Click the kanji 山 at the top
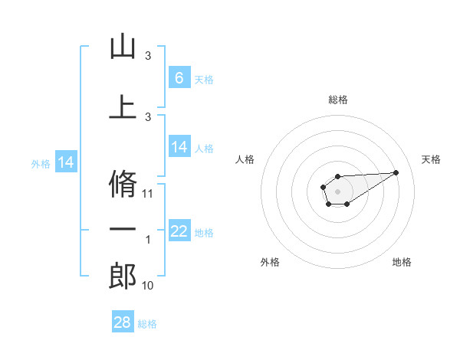pyautogui.click(x=123, y=47)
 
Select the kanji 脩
pyautogui.click(x=123, y=182)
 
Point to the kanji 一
pyautogui.click(x=123, y=230)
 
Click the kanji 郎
pyautogui.click(x=123, y=277)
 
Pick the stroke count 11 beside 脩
pyautogui.click(x=149, y=194)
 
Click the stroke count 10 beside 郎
pyautogui.click(x=149, y=286)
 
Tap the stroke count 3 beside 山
pyautogui.click(x=148, y=56)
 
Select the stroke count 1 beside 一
pyautogui.click(x=148, y=241)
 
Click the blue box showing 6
pyautogui.click(x=179, y=77)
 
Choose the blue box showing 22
pyautogui.click(x=179, y=231)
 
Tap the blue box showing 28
pyautogui.click(x=123, y=322)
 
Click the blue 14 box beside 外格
pyautogui.click(x=66, y=162)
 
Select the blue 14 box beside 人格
pyautogui.click(x=179, y=147)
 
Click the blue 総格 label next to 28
pyautogui.click(x=147, y=324)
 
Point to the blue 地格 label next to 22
pyautogui.click(x=204, y=233)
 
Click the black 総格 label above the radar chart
pyautogui.click(x=338, y=100)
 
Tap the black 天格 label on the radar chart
pyautogui.click(x=431, y=159)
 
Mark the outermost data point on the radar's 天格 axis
pyautogui.click(x=396, y=172)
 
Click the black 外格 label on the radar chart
pyautogui.click(x=270, y=262)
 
